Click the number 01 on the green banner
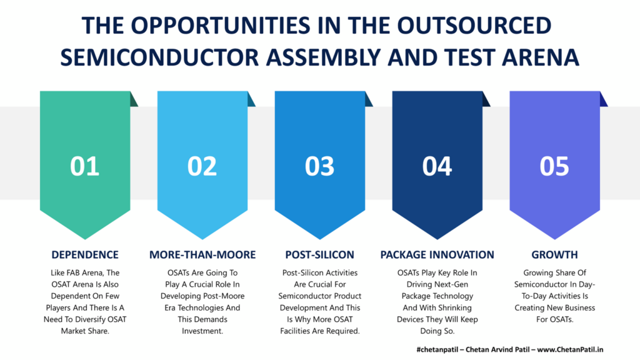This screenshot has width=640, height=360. tap(85, 166)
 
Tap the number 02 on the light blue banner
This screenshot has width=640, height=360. tap(202, 166)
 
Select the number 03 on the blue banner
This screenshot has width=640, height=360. tap(319, 166)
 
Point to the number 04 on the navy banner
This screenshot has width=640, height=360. tap(437, 166)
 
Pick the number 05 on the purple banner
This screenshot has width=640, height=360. tap(554, 166)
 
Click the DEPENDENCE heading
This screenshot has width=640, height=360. tap(85, 255)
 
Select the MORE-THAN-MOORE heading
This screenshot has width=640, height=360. tap(202, 255)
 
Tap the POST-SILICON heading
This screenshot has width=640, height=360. tap(319, 255)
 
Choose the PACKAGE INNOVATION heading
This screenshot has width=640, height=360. tap(437, 255)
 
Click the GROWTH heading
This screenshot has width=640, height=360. tap(554, 255)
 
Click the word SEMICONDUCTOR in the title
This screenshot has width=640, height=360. tap(159, 57)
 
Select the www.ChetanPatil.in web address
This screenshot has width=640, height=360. tap(570, 349)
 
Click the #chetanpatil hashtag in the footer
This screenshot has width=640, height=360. tap(439, 350)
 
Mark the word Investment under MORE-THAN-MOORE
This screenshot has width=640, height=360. tap(202, 331)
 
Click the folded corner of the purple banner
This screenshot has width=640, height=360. tap(603, 99)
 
